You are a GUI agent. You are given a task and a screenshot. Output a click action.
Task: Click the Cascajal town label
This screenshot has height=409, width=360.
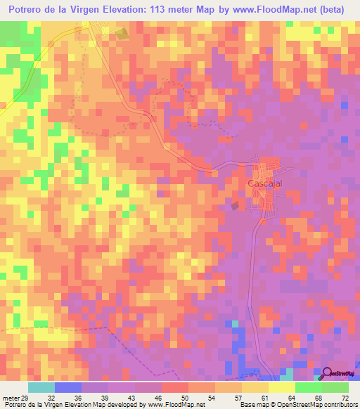coord(264,183)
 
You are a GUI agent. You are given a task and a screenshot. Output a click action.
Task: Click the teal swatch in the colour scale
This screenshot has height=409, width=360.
coord(41,387)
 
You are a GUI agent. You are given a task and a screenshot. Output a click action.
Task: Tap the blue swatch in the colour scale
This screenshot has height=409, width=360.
coord(68,387)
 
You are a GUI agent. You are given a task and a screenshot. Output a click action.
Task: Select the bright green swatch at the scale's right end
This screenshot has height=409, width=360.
coord(335,387)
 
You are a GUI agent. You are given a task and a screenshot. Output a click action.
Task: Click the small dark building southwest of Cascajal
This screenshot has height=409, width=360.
coord(236,205)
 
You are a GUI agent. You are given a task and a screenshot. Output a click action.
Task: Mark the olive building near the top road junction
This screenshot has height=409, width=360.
coord(122,33)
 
